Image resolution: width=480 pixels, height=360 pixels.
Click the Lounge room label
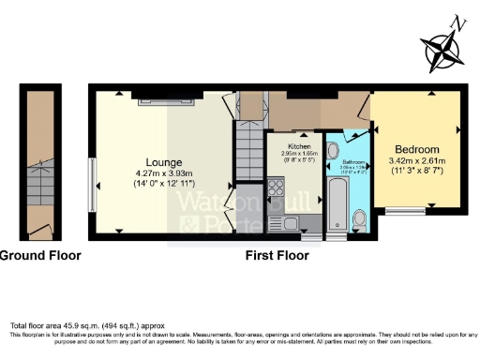click(x=162, y=162)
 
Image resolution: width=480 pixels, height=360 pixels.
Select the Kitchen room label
click(x=299, y=147)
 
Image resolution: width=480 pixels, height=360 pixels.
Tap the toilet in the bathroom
click(x=361, y=219)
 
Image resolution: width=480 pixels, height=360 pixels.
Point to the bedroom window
click(x=404, y=211)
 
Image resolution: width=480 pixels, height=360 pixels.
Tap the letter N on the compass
click(x=457, y=22)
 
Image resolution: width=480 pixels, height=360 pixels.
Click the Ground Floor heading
click(x=40, y=255)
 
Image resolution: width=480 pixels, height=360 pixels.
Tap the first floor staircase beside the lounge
click(x=248, y=150)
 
